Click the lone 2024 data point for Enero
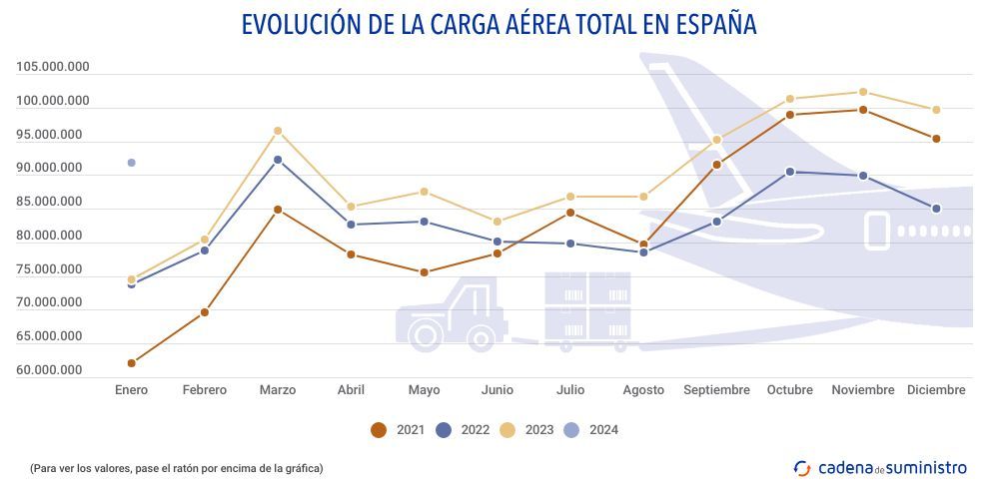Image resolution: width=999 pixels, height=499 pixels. coord(131,163)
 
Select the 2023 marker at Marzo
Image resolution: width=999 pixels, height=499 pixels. coord(278,131)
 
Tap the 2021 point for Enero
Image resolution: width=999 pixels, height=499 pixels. coord(131,363)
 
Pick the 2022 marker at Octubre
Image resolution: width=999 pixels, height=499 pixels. coord(790,172)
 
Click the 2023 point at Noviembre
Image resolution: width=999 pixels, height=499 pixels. coord(863,92)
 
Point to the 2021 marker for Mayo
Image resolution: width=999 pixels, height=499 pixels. coord(425,272)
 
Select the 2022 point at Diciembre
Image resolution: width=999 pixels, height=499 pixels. coord(936,209)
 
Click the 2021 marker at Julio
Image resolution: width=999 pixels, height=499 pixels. coord(570,213)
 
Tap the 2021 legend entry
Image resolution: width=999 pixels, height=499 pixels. coord(398,430)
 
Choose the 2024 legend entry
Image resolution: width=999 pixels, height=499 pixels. coord(590,430)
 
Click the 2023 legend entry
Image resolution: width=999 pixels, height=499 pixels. coord(526,430)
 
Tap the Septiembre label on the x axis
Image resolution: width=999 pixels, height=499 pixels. coord(716,390)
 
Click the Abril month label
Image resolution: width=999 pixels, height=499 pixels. coord(351,390)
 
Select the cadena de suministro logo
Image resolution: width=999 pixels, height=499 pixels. coord(880,467)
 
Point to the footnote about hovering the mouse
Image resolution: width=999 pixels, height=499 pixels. coord(176,467)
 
